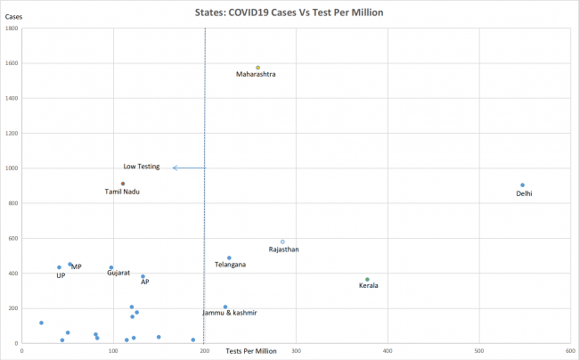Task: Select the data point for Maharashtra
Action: [x=257, y=68]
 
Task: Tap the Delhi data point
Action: [x=522, y=185]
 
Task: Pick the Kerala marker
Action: [x=367, y=279]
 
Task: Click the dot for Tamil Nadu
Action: [x=123, y=184]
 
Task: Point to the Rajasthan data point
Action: [x=282, y=241]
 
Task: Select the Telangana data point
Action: [x=229, y=258]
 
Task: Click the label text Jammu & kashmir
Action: [x=230, y=313]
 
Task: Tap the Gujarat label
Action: [x=118, y=273]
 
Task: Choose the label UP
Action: [x=61, y=275]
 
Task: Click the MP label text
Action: [x=77, y=266]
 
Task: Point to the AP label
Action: [x=145, y=282]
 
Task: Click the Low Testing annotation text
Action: [x=141, y=167]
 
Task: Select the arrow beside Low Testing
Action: [x=188, y=168]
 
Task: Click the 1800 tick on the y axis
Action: [x=12, y=29]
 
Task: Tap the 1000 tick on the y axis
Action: [x=12, y=168]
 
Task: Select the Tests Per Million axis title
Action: [x=251, y=351]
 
